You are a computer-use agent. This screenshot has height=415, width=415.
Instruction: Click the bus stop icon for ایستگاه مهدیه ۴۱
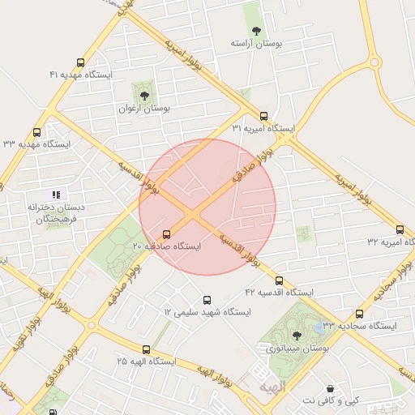point(80,62)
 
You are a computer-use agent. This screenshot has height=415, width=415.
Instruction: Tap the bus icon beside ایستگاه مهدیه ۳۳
point(36,132)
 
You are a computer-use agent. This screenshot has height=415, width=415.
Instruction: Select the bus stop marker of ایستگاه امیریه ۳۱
point(263,116)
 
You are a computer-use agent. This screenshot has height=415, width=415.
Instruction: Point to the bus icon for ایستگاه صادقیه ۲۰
point(167,234)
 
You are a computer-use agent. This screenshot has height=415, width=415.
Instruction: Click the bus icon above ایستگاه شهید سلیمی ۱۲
point(207,300)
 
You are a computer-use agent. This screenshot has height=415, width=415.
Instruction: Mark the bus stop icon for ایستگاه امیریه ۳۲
point(400,229)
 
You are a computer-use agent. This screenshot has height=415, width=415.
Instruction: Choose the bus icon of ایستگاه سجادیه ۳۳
point(360,314)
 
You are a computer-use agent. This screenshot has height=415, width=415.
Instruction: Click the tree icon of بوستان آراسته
point(256,31)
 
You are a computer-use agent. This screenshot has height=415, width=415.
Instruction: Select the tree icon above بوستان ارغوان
point(144,96)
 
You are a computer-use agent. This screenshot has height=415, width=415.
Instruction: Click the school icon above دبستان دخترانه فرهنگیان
point(56,195)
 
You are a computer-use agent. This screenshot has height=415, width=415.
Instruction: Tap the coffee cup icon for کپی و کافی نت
point(329,388)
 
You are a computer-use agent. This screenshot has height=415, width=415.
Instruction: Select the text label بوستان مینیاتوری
point(297,348)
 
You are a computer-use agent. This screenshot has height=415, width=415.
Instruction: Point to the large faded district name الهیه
point(272,389)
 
